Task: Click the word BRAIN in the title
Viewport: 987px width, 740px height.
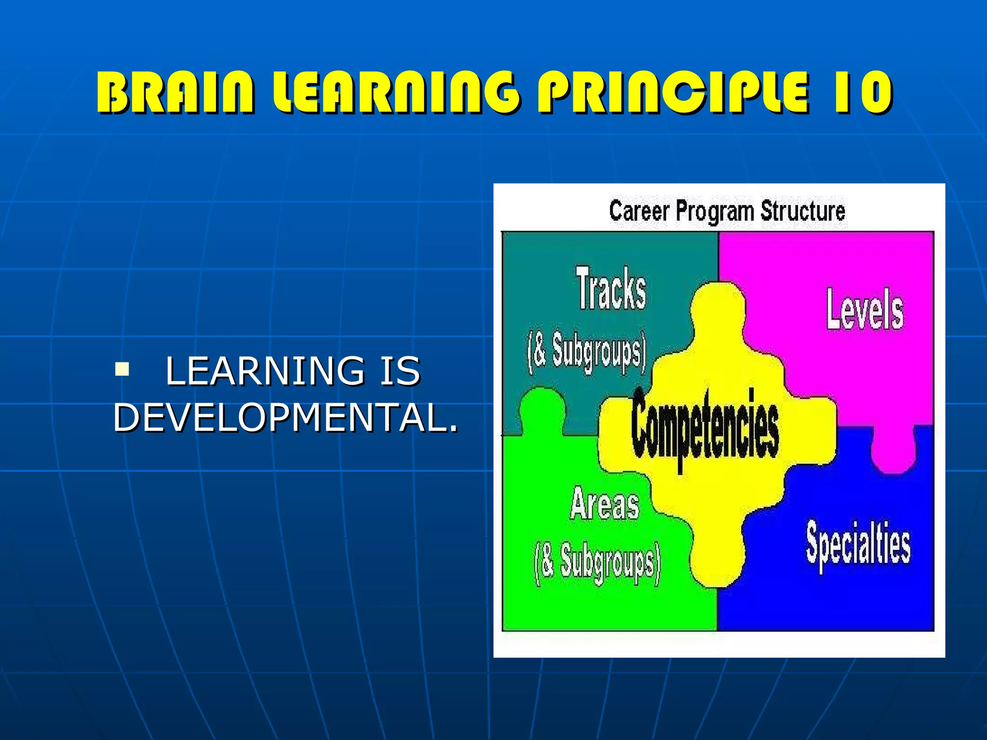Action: pos(174,92)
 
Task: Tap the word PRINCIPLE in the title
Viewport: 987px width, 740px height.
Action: pos(672,92)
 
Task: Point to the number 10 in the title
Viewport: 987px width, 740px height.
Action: pos(863,92)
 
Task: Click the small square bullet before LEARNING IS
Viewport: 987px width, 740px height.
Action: pos(122,370)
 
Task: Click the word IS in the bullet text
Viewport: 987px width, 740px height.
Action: pos(400,371)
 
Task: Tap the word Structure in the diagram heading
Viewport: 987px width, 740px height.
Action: pos(803,211)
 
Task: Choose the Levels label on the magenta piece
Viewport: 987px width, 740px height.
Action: pos(865,309)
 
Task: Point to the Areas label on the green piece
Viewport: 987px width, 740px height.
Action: pos(604,504)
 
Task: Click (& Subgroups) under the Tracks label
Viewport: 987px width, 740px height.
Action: pos(587,352)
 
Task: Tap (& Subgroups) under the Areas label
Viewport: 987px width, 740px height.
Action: pos(597,563)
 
